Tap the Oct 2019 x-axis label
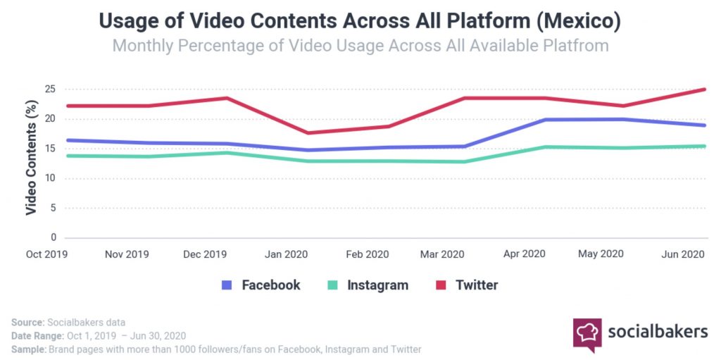coord(46,254)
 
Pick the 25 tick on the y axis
coord(50,89)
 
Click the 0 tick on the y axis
coord(53,237)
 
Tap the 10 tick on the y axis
coord(50,178)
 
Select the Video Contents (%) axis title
coord(31,159)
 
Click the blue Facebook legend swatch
coord(227,285)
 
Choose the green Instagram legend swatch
coord(332,285)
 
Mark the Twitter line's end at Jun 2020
coord(706,89)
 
